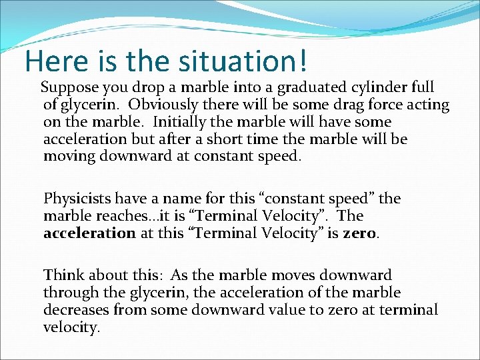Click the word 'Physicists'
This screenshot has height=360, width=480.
click(x=77, y=199)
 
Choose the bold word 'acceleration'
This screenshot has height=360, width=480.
click(x=89, y=233)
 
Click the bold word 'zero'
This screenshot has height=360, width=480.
click(x=361, y=233)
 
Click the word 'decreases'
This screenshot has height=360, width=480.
click(x=75, y=309)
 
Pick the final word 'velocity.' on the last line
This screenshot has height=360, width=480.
click(x=71, y=327)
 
